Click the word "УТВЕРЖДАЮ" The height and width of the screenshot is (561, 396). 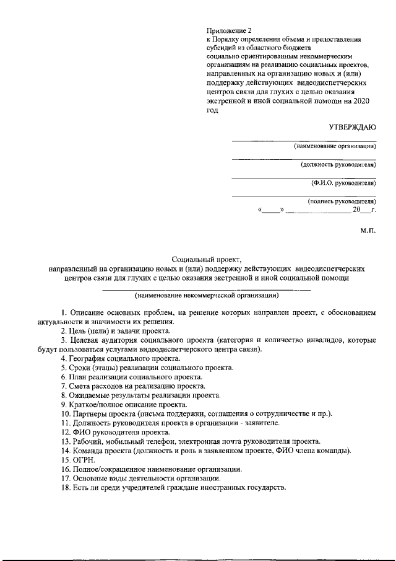click(353, 127)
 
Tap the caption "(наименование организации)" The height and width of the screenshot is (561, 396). click(335, 147)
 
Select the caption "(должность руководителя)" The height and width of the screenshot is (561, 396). click(338, 166)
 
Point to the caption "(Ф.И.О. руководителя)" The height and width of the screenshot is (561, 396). click(343, 183)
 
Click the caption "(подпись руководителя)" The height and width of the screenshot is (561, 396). click(341, 201)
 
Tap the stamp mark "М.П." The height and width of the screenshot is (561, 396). click(368, 231)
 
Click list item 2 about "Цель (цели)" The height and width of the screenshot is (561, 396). click(111, 331)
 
